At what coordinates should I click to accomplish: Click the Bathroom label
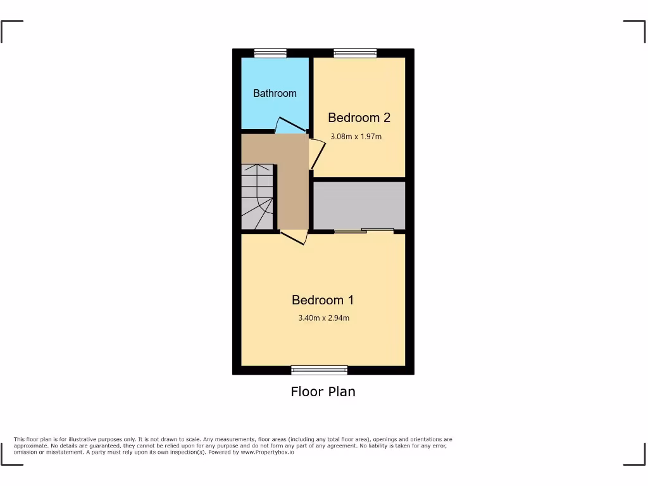[275, 93]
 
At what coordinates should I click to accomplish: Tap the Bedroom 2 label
[358, 117]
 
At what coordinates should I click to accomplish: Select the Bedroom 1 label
[323, 300]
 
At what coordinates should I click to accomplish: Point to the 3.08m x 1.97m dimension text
[356, 136]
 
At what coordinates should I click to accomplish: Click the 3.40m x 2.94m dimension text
[323, 318]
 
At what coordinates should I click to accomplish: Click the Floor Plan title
[323, 392]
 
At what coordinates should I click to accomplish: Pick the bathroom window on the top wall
[270, 53]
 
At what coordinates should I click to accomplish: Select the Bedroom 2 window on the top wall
[355, 53]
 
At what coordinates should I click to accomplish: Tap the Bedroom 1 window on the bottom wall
[320, 370]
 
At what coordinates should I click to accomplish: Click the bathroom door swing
[288, 125]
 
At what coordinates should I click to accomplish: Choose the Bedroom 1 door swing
[294, 237]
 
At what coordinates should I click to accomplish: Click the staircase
[258, 197]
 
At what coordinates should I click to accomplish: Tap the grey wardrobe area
[359, 206]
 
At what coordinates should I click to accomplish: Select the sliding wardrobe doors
[364, 230]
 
